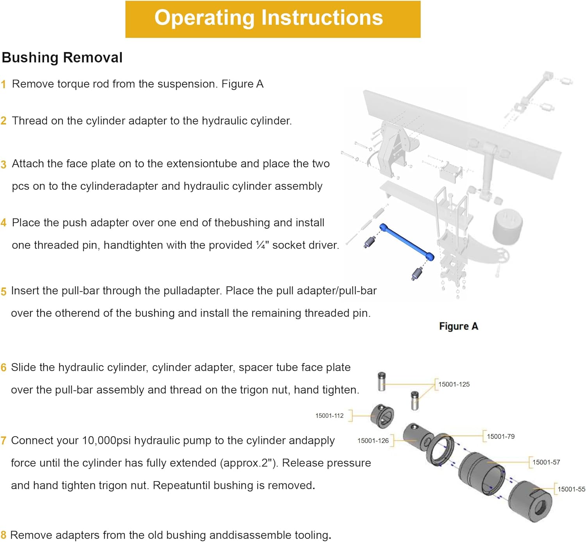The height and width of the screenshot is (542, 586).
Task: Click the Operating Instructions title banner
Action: pos(273,19)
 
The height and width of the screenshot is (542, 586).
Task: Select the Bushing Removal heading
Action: pos(62,58)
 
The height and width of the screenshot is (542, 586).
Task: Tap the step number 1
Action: pos(4,84)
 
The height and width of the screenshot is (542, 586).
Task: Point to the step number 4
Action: pos(4,223)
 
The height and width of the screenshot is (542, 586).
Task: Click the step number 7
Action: pos(4,441)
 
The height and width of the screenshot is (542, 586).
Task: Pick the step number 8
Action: pos(4,535)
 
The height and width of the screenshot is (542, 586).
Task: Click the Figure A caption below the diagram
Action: pos(458,326)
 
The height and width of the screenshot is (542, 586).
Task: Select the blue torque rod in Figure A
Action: pos(407,242)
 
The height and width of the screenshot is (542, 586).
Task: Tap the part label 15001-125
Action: pos(454,385)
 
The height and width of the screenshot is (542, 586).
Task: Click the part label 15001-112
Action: pos(329,416)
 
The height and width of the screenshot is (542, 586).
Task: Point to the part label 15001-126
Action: pos(373,441)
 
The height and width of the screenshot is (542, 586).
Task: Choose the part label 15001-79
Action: pos(500,437)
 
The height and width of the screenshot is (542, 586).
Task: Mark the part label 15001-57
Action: pos(546,462)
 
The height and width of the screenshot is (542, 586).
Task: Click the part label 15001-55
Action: pos(571,489)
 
